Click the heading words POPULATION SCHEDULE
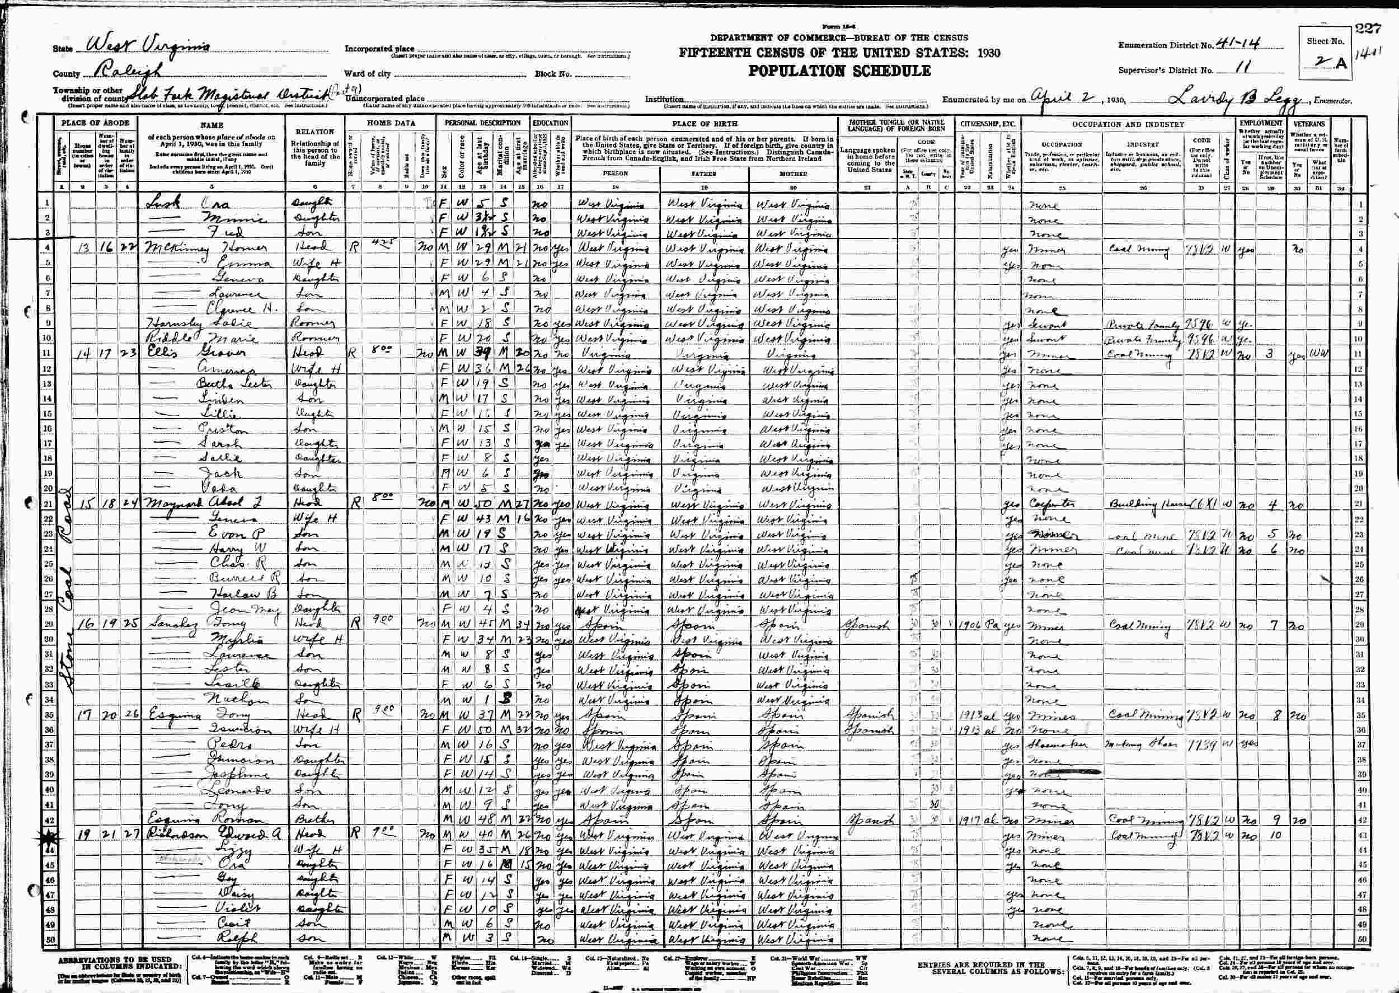[x=840, y=72]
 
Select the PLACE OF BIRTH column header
[x=704, y=124]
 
